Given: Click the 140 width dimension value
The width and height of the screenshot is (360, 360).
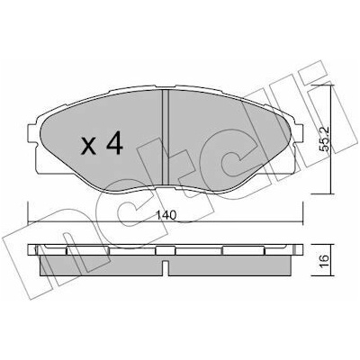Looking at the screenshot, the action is click(166, 215).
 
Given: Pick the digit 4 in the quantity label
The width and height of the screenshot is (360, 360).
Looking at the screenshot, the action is click(115, 143).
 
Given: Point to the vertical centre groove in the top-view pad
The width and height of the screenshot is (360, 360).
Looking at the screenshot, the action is click(166, 137).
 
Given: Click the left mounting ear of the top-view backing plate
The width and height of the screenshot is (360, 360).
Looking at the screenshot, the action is click(33, 133).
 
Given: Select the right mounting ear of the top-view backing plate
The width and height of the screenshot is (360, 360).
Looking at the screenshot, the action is click(298, 133).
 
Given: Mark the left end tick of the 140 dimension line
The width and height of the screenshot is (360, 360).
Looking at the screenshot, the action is click(28, 212).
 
